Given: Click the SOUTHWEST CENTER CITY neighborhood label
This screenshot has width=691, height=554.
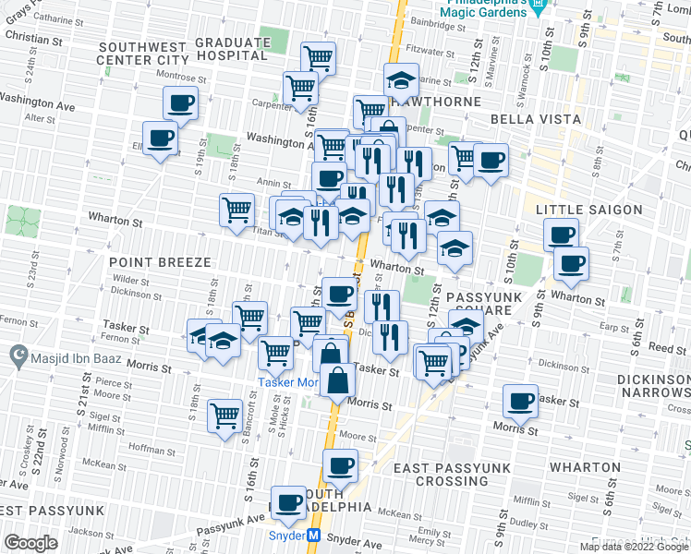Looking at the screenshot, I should (143, 53).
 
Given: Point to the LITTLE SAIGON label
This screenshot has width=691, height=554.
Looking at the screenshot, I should (588, 210).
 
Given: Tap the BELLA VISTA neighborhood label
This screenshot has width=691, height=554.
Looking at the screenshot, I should (536, 119).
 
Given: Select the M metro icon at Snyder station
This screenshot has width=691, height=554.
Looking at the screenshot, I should (314, 536).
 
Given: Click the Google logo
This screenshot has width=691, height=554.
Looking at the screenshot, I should (30, 543).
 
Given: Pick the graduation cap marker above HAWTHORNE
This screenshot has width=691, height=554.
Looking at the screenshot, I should (402, 79).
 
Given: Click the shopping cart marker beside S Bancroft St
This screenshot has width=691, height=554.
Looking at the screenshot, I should (225, 415).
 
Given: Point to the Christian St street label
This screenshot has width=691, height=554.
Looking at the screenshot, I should (31, 41).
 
